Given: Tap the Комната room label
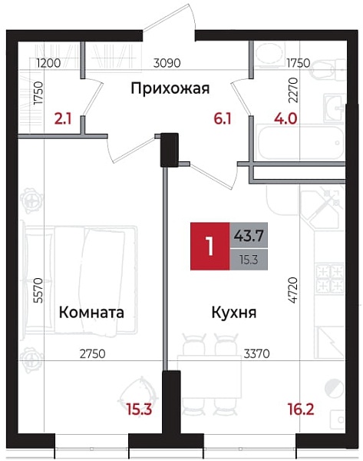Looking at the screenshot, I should point(91,313).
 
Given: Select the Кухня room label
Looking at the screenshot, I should point(234,313).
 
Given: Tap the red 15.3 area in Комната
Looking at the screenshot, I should point(136,410).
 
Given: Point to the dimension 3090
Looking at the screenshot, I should point(167,64).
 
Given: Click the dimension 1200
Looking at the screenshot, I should point(48,64).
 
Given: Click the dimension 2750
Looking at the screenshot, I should point(92,353).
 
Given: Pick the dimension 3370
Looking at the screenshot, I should point(256,353).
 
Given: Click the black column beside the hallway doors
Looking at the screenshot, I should point(168,149).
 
